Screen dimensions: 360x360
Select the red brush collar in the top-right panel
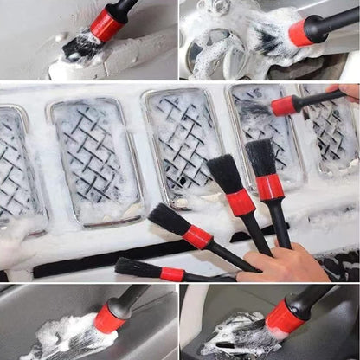click(301, 32)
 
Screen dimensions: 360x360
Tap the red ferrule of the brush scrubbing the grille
click(284, 106)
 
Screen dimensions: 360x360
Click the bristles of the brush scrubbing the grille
click(255, 111)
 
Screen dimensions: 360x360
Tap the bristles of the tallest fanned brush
click(260, 157)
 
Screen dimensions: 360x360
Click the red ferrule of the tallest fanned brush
click(270, 186)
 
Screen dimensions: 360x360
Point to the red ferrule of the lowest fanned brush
click(172, 273)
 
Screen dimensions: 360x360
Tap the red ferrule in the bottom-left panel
click(110, 318)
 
